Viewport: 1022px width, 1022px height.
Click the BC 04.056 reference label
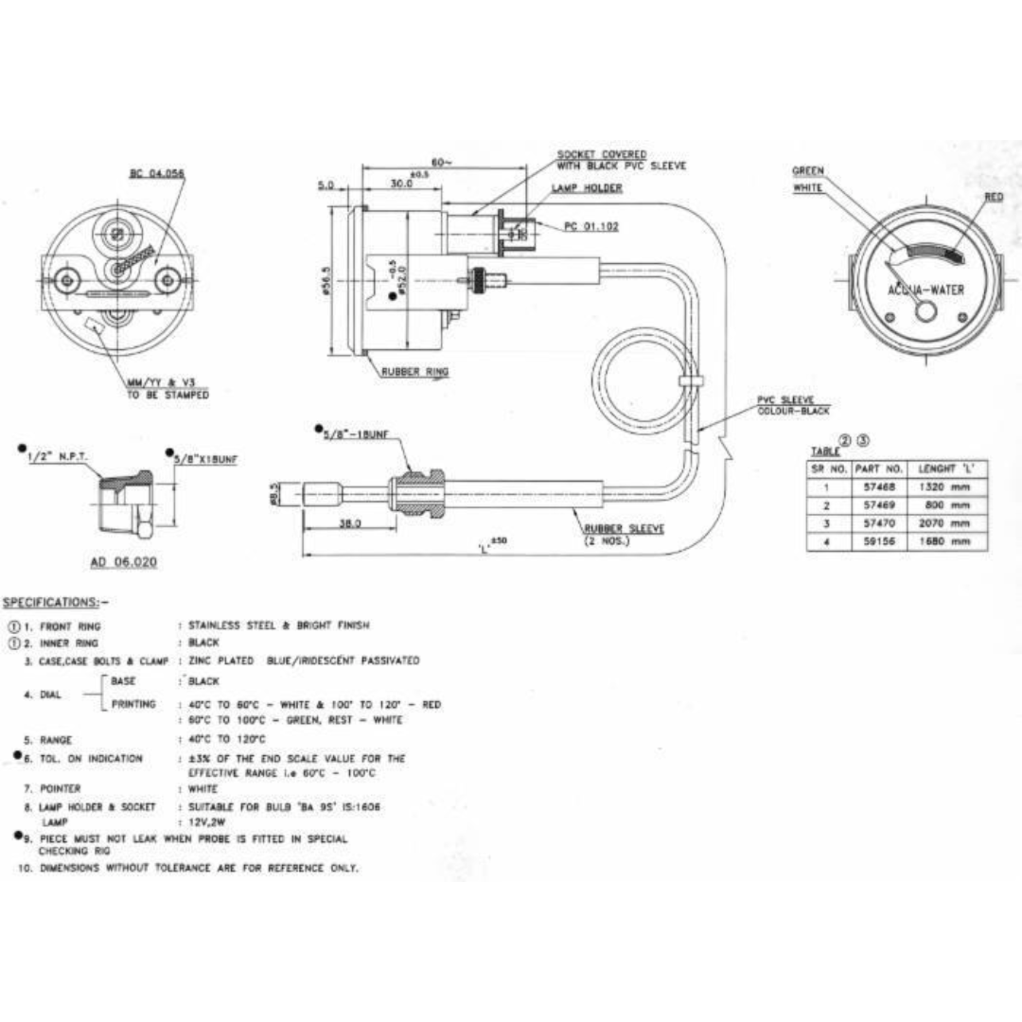point(157,174)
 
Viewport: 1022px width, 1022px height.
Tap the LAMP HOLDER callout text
point(587,188)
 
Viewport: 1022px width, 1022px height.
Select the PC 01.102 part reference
point(591,226)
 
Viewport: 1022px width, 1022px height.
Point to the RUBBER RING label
point(414,372)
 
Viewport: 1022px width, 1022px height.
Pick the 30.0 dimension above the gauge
point(402,184)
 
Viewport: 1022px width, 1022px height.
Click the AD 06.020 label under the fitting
point(123,562)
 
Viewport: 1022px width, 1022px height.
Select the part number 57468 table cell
point(879,487)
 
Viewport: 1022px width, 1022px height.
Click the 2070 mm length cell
point(945,523)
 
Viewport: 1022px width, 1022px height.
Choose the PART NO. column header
point(879,469)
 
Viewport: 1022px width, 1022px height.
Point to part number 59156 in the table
point(879,541)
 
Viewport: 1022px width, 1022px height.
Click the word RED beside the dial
point(993,197)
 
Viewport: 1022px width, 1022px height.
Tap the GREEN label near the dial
point(808,171)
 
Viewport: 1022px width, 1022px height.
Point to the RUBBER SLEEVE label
point(623,529)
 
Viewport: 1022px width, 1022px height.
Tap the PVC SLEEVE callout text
point(785,400)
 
